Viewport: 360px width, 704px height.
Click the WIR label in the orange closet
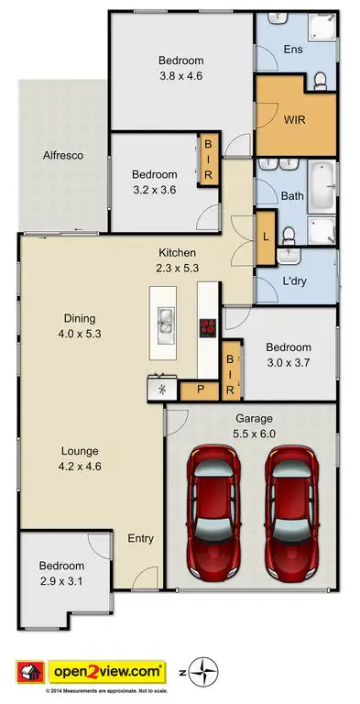[295, 118]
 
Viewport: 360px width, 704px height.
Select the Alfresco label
[64, 156]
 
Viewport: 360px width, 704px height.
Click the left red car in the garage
[213, 514]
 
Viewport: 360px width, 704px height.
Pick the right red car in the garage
[293, 514]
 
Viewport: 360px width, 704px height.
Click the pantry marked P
[201, 390]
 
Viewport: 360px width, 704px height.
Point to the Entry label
[141, 538]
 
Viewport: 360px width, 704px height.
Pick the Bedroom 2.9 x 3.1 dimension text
[62, 573]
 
